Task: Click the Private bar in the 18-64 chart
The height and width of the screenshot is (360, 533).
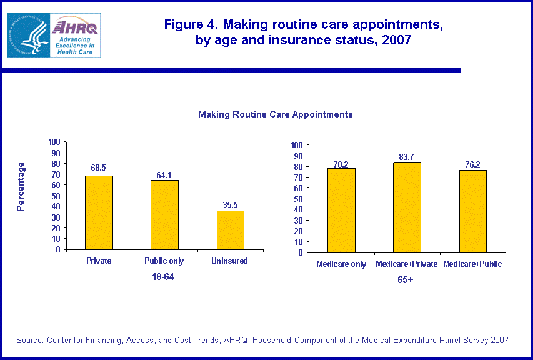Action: (x=99, y=212)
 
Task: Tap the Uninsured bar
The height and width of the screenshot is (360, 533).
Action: (x=231, y=229)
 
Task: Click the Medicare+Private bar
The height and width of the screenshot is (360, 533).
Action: (x=407, y=207)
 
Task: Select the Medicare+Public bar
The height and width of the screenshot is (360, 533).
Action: (x=472, y=211)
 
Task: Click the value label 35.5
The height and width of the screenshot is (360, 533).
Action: (x=231, y=204)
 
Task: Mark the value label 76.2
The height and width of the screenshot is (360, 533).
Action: (x=472, y=164)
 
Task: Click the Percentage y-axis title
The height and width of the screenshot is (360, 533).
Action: (x=21, y=187)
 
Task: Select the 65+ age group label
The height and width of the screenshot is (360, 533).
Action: (x=406, y=280)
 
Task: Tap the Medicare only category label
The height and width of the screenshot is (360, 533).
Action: (x=341, y=264)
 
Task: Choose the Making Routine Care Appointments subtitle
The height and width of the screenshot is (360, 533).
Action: (x=276, y=114)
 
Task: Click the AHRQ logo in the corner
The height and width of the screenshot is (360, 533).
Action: (x=76, y=35)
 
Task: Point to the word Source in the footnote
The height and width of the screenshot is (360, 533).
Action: (x=29, y=340)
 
